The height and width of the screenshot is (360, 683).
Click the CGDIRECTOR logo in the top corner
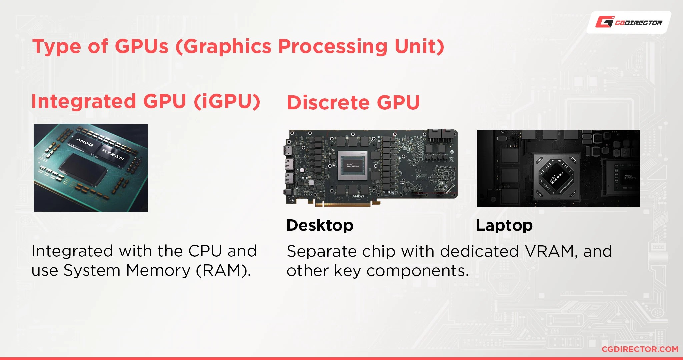tap(629, 22)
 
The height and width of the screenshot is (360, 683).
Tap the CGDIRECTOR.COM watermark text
tap(640, 349)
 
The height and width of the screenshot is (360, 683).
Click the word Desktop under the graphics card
tap(320, 225)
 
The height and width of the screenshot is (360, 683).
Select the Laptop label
tap(504, 226)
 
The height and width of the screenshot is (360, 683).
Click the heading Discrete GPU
tap(353, 102)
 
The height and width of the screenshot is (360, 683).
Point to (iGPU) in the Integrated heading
tap(227, 101)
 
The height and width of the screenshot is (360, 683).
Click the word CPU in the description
tap(205, 251)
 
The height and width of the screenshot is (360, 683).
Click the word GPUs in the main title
tap(141, 46)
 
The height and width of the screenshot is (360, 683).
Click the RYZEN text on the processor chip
tap(113, 154)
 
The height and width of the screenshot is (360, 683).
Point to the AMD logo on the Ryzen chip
tap(85, 143)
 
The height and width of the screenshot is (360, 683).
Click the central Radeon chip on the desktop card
tap(353, 165)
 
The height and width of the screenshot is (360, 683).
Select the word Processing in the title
tap(332, 46)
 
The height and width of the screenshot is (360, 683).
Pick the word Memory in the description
tap(158, 270)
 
